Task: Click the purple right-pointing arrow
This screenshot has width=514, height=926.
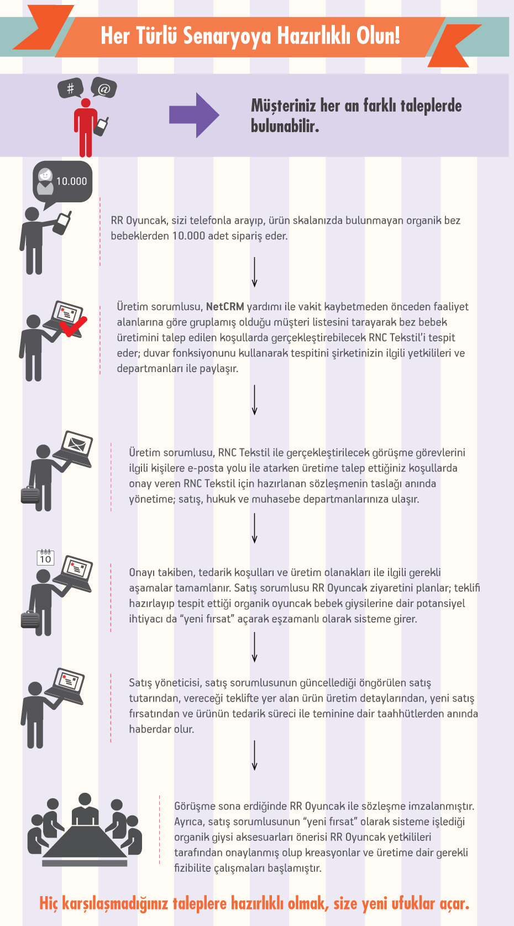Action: (x=194, y=115)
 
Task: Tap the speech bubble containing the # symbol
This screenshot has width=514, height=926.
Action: (x=70, y=88)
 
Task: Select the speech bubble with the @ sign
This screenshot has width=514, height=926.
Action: (x=104, y=88)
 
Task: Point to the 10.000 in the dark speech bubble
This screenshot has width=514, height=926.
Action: (x=71, y=181)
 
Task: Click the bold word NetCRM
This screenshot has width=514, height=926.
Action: (x=225, y=307)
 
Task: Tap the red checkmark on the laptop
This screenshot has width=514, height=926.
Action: (x=74, y=326)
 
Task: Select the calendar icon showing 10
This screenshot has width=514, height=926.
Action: (x=45, y=558)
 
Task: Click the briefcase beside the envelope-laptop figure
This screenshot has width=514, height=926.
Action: (x=30, y=494)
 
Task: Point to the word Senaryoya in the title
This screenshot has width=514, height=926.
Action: (x=227, y=36)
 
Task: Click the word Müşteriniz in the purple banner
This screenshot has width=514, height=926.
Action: (x=283, y=106)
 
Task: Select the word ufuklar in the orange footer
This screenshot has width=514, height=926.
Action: (x=413, y=904)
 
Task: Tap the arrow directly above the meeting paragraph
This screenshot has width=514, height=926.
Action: (x=254, y=755)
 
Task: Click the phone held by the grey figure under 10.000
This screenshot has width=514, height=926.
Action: (x=63, y=222)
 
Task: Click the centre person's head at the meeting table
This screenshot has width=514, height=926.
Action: (x=85, y=799)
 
